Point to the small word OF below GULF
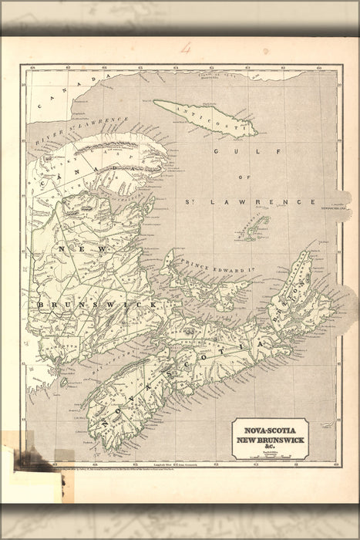[x=245, y=177]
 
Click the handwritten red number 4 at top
[x=185, y=48]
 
